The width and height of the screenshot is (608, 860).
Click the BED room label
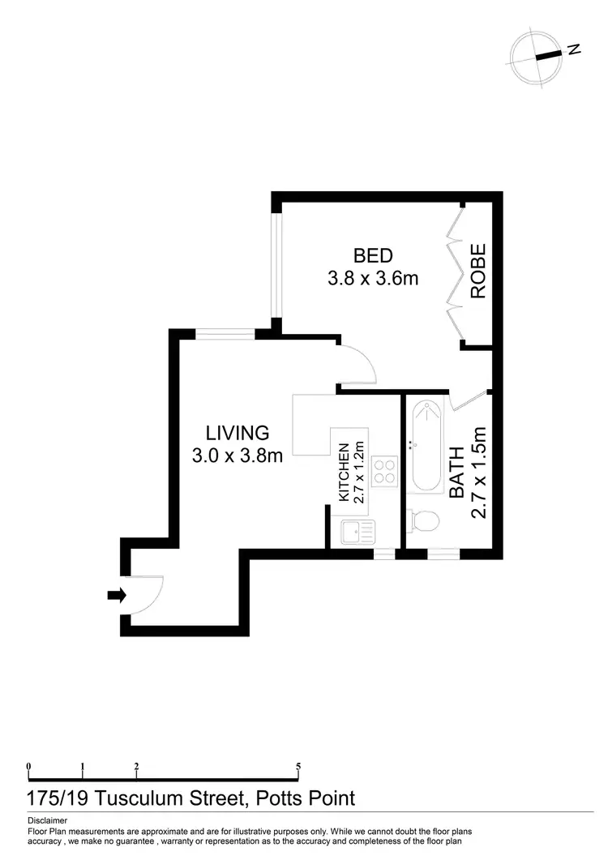373,256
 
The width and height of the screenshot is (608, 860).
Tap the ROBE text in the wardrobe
478,272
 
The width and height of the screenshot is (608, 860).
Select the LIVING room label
237,432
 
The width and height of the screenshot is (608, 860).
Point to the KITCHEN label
343,473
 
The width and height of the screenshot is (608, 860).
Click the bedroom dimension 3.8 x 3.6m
373,280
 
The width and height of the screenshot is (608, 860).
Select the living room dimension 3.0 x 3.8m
237,456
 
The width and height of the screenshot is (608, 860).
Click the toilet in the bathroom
424,521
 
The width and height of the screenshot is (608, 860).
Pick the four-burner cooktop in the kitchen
383,471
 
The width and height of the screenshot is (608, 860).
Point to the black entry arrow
117,596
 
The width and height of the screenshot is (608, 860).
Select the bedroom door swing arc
357,365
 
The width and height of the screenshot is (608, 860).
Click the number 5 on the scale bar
299,766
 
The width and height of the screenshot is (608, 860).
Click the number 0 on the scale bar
28,766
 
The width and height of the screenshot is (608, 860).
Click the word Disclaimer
46,820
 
